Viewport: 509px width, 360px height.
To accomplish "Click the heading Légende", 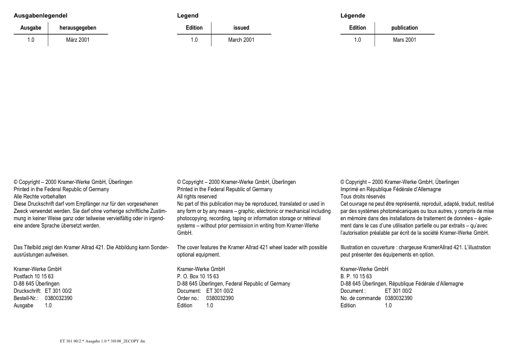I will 352,15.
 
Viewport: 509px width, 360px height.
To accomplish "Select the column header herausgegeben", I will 78,28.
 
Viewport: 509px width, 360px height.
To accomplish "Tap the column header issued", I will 241,28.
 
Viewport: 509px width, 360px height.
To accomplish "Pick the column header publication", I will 404,28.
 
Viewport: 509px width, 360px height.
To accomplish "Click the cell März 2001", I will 78,40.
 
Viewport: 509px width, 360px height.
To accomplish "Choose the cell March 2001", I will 241,40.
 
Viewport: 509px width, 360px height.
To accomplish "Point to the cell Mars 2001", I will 404,40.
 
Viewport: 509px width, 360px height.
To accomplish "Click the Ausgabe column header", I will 31,28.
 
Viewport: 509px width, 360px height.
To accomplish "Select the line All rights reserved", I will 196,197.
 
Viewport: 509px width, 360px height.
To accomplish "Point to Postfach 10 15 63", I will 33,276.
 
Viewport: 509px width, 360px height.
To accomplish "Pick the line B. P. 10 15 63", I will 356,276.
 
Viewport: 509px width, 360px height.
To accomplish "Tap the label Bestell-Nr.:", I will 26,298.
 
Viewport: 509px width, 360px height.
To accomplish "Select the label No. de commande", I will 360,298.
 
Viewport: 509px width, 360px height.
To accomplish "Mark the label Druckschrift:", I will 27,291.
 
